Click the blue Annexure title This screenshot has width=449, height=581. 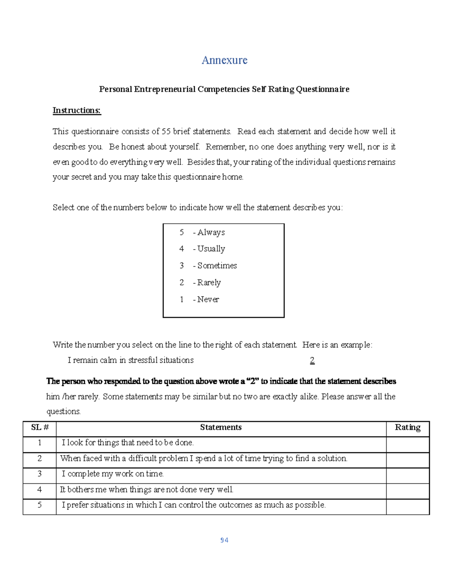[x=224, y=60]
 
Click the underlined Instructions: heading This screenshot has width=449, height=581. [x=77, y=110]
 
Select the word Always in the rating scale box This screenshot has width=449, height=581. [x=211, y=232]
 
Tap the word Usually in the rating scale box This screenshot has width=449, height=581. [x=211, y=249]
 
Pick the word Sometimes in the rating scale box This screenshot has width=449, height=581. [x=217, y=266]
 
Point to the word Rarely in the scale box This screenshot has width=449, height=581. [x=209, y=282]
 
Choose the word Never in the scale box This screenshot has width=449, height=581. [x=208, y=299]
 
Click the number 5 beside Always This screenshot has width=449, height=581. [x=181, y=232]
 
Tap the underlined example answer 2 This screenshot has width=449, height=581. [x=312, y=360]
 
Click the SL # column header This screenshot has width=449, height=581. [x=40, y=428]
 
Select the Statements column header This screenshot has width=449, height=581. [x=221, y=428]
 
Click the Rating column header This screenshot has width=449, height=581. [x=407, y=428]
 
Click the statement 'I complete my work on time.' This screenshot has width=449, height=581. [x=113, y=474]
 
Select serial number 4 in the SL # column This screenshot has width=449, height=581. [x=40, y=490]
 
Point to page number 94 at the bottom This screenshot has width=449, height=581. [x=224, y=540]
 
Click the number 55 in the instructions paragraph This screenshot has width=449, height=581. [x=166, y=132]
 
